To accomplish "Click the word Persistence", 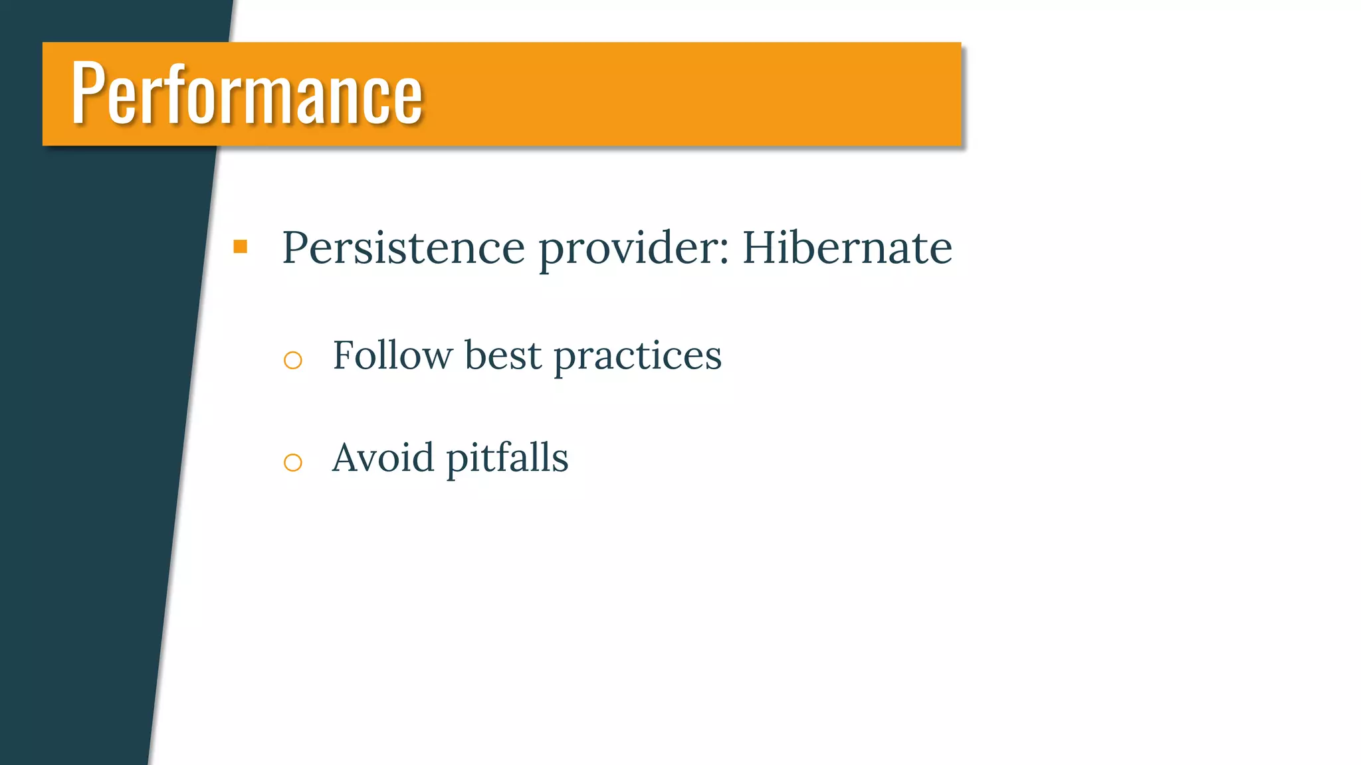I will coord(403,248).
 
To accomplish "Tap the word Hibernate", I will coord(847,248).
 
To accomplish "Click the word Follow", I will coord(392,355).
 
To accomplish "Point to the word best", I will coord(502,355).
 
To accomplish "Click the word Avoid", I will coord(383,458).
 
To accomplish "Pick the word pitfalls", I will coord(507,459).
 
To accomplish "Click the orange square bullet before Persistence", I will coord(241,247).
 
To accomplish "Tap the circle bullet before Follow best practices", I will coord(292,360).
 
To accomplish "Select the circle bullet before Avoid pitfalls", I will coord(292,462).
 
